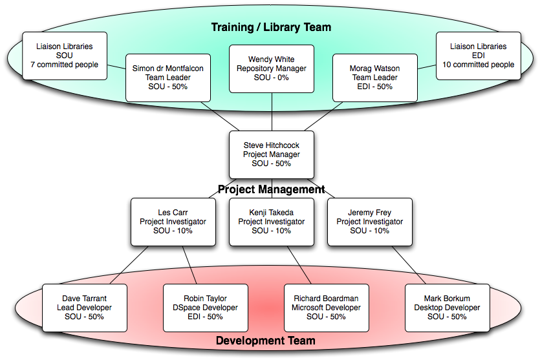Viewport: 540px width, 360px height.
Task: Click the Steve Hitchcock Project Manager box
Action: point(272,155)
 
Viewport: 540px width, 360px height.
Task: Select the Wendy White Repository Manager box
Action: point(272,69)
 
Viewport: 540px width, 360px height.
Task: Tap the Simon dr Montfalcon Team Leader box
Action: point(168,78)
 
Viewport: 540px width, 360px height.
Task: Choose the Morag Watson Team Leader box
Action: point(375,78)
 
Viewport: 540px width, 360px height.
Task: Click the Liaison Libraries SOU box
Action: point(65,56)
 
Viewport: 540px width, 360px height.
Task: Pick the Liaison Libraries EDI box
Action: point(479,56)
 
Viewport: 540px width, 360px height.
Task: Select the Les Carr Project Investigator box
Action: point(173,222)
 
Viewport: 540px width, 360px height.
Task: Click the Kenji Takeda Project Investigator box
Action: point(271,222)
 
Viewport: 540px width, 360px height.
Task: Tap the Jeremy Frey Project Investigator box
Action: point(369,222)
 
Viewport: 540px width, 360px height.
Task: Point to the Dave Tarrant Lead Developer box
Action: point(84,308)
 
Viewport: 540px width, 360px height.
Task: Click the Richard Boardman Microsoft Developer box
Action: point(327,308)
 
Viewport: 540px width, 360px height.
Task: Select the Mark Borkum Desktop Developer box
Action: point(447,308)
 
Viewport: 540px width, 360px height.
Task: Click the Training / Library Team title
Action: point(272,27)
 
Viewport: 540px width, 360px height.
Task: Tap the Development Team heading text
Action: point(266,341)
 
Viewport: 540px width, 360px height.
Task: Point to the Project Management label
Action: point(271,189)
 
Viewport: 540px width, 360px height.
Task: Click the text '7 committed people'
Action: point(65,65)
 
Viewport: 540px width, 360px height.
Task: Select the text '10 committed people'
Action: point(479,65)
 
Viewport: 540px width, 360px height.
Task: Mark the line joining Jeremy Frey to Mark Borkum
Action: point(413,266)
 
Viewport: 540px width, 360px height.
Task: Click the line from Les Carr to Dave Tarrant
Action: point(128,266)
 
